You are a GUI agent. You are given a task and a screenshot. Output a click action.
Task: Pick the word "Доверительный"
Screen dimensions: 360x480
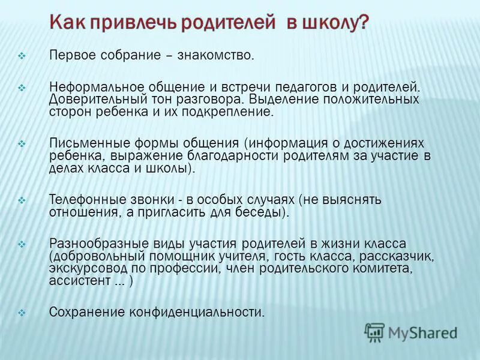[x=89, y=99]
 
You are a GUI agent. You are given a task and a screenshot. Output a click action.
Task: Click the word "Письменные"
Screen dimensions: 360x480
[x=82, y=143]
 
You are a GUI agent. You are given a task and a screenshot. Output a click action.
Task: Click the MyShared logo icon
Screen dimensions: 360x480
[x=375, y=332]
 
